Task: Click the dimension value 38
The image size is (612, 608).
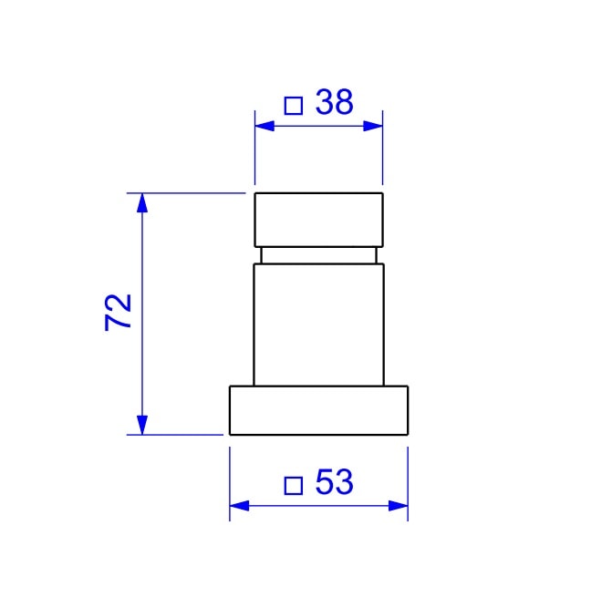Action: point(334,103)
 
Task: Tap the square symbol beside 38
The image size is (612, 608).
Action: point(293,106)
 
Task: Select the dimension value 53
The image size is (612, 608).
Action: point(333,482)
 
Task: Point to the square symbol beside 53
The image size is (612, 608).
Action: point(293,485)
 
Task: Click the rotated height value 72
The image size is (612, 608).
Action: point(120,313)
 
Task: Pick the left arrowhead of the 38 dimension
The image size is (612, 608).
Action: point(264,126)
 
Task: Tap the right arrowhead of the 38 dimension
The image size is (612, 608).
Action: point(373,126)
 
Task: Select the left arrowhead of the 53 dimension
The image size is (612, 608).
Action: point(238,505)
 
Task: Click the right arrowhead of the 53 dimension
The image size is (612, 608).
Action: point(399,505)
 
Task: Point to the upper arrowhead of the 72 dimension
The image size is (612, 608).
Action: point(141,202)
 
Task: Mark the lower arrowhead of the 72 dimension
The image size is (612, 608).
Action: point(141,425)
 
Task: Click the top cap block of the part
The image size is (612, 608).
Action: point(318,220)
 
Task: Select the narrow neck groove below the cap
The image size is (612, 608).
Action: point(318,255)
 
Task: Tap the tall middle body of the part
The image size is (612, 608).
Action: point(318,324)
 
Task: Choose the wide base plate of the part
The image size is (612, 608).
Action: point(318,410)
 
